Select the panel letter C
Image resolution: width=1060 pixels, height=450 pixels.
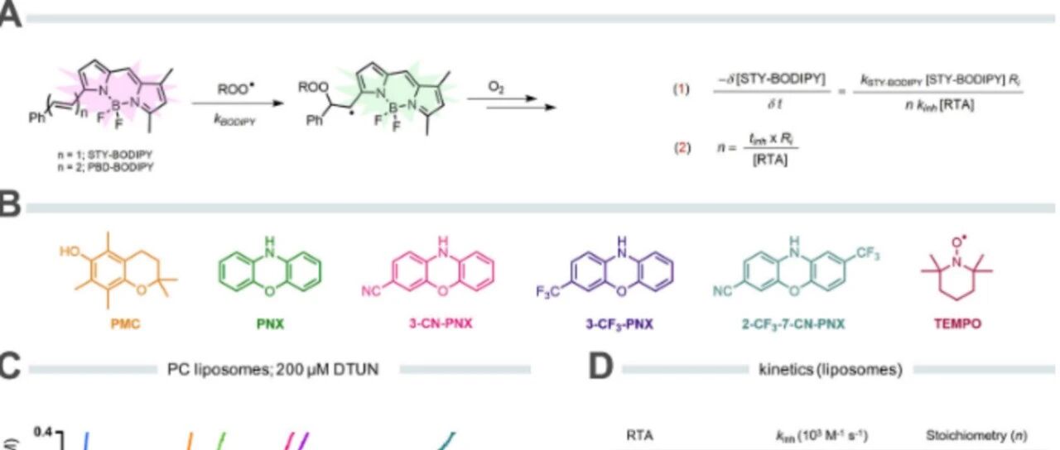click(x=10, y=369)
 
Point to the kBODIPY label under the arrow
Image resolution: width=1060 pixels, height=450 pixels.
click(x=227, y=120)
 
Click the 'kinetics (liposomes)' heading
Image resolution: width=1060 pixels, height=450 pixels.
click(x=830, y=370)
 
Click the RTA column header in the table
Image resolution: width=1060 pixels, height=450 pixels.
click(x=639, y=435)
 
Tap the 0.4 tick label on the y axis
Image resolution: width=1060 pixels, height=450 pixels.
click(x=41, y=432)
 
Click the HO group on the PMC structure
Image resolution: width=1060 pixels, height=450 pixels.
click(x=71, y=250)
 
